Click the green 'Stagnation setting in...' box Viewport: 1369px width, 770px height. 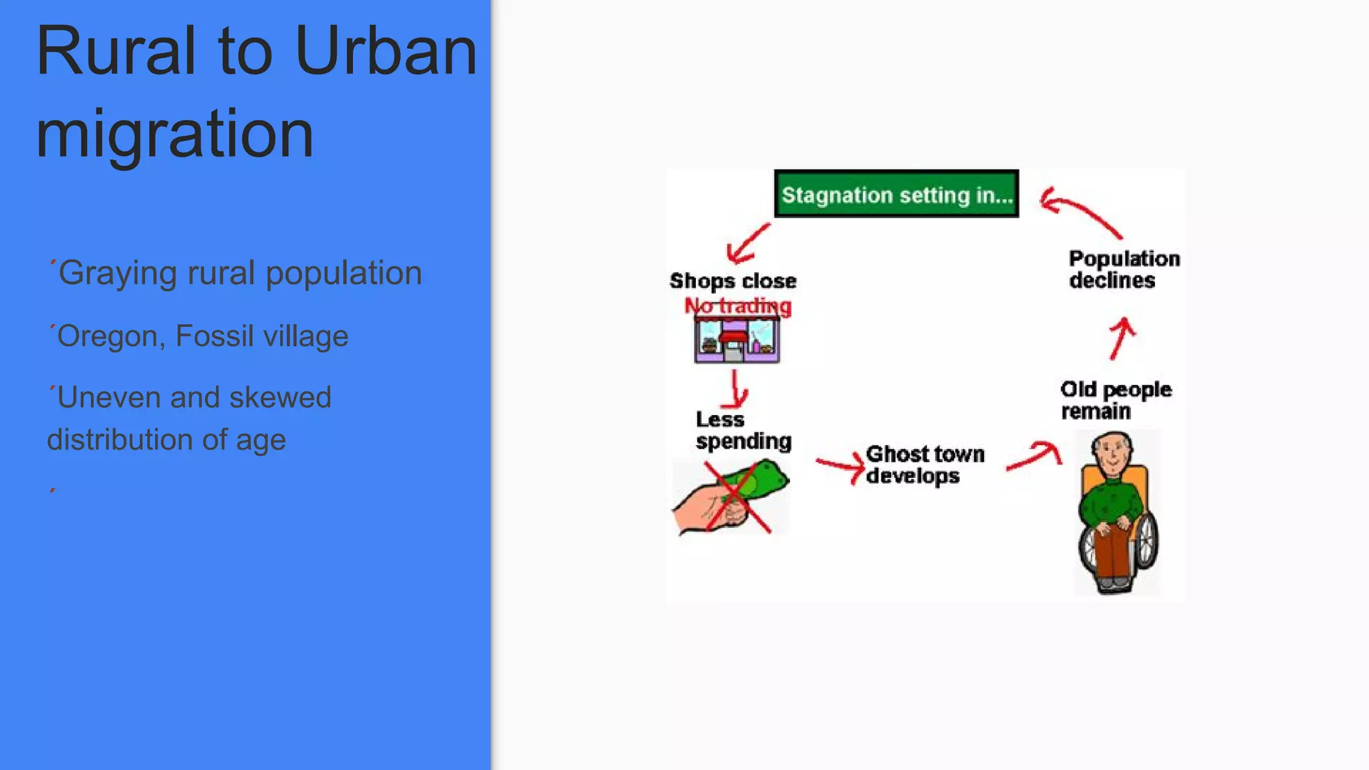(896, 194)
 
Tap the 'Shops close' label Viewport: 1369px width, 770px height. (733, 281)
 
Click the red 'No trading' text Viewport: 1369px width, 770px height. (738, 306)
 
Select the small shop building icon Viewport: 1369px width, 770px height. (737, 341)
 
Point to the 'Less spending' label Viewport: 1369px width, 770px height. (743, 430)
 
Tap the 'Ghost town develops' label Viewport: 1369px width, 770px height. (924, 465)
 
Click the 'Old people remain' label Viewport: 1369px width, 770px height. (1115, 400)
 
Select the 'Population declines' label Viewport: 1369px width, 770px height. (1124, 269)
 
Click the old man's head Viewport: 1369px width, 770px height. (1113, 453)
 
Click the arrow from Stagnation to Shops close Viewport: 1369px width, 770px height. (747, 243)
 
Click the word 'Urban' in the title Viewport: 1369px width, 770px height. (385, 51)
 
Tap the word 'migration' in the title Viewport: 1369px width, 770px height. (174, 133)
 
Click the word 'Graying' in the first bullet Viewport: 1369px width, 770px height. (118, 273)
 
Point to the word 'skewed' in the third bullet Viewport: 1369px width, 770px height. (280, 398)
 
